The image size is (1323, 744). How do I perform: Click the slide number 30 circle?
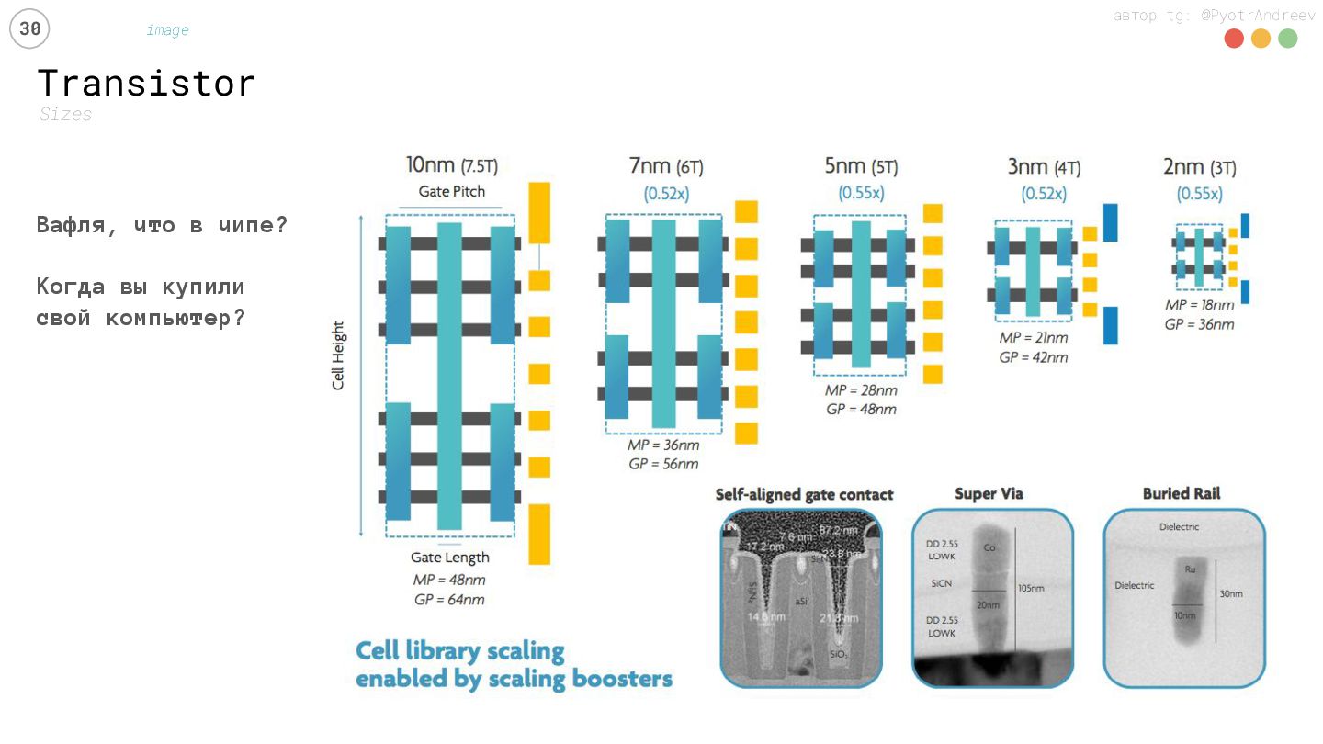coord(29,29)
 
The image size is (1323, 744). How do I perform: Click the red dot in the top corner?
coord(1234,39)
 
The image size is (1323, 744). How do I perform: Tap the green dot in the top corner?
coord(1287,39)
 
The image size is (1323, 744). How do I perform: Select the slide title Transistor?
coord(146,84)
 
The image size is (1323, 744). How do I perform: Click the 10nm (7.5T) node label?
coord(452,166)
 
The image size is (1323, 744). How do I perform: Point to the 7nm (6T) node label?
coord(666,166)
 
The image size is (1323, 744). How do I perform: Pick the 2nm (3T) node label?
coord(1199,167)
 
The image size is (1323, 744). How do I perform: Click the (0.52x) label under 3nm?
coord(1044,195)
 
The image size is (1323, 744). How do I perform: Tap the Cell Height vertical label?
coord(338,355)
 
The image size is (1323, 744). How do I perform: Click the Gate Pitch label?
coord(452,192)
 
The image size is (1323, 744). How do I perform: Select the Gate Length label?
coord(449,558)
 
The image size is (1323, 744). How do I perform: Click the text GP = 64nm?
coord(449,600)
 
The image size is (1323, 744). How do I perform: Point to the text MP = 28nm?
coord(861,390)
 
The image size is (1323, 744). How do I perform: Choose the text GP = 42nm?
coord(1034,356)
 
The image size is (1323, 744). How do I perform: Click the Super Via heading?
coord(989,494)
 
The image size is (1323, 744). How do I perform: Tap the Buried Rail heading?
coord(1182,494)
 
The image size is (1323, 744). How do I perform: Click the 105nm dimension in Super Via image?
coord(1031,589)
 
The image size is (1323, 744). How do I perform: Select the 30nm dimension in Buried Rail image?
coord(1231,594)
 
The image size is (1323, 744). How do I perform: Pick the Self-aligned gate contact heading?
coord(804,495)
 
